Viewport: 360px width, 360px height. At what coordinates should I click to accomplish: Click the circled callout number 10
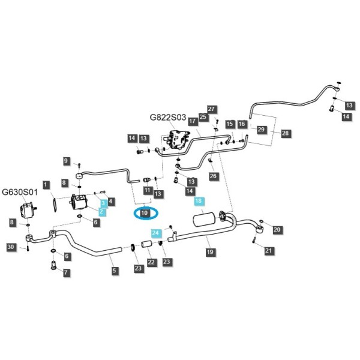coord(145,213)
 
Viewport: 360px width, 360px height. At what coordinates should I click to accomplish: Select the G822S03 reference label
coord(168,118)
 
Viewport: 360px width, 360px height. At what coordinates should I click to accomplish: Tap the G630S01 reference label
coord(20,192)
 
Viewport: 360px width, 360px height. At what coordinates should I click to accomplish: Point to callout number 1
coord(46,185)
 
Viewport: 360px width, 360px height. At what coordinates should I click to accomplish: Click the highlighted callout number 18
coord(199,201)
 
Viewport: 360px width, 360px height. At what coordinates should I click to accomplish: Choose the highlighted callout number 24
coord(155,233)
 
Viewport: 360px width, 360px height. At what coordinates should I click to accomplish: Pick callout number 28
coord(286,133)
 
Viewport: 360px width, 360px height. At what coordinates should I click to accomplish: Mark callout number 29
coord(261,130)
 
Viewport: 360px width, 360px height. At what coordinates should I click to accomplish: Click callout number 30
coord(11,247)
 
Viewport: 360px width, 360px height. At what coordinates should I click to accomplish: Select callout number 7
coord(66,272)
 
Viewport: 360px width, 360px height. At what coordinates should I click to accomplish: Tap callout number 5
coord(115,270)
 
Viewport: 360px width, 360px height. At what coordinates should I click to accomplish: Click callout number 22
coord(151,262)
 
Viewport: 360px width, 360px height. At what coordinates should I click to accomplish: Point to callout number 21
coord(268,250)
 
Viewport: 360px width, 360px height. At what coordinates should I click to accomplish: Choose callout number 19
coord(210,252)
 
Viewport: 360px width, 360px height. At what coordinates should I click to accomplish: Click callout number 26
coord(213,176)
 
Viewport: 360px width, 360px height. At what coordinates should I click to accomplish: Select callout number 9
coord(66,161)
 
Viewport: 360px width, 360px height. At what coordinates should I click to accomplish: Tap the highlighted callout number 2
coord(101,212)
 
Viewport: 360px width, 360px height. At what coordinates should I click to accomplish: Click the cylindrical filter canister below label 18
coord(205,220)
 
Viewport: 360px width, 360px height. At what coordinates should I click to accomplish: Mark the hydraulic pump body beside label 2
coord(78,202)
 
